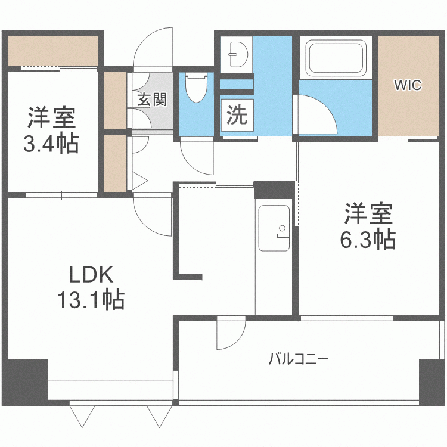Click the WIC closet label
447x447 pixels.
pyautogui.click(x=408, y=85)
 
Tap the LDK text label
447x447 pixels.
pyautogui.click(x=91, y=275)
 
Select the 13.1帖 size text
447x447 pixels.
pyautogui.click(x=91, y=299)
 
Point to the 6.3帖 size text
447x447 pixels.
pyautogui.click(x=367, y=239)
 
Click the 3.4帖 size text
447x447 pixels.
pyautogui.click(x=51, y=144)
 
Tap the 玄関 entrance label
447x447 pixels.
pyautogui.click(x=152, y=99)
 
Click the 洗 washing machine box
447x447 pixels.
pyautogui.click(x=237, y=114)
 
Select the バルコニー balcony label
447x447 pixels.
pyautogui.click(x=299, y=359)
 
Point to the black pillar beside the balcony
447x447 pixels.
pyautogui.click(x=430, y=381)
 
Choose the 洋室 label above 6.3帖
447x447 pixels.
pyautogui.click(x=367, y=214)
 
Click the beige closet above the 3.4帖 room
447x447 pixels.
pyautogui.click(x=52, y=51)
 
